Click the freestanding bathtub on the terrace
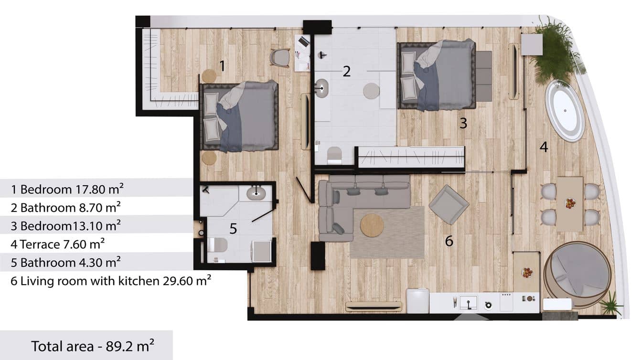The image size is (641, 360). point(565,111)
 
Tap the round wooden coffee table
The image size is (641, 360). point(372,225)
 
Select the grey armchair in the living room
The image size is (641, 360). point(449,204)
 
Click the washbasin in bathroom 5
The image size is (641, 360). point(257,192)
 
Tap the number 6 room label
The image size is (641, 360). point(449,242)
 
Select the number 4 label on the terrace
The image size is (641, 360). point(544,148)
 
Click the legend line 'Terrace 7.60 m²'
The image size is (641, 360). point(58,244)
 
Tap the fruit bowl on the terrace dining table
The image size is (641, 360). point(570,203)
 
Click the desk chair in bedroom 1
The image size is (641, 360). point(279,58)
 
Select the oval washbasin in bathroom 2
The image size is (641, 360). point(322,88)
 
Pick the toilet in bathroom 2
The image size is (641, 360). point(334,155)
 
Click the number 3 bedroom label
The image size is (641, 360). point(463,123)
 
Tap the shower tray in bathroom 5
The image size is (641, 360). point(262,252)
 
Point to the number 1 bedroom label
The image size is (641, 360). point(221,65)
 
